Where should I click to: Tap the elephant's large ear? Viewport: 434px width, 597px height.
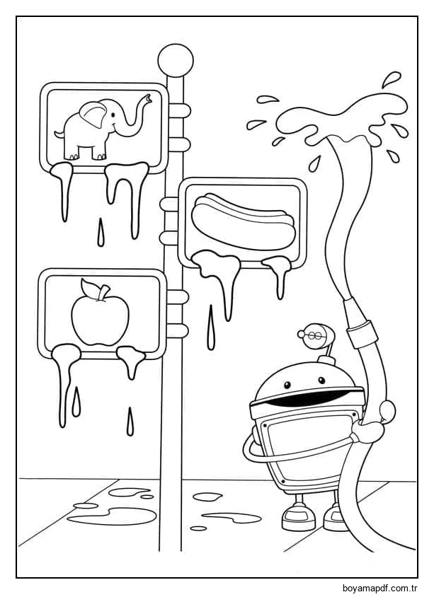click(93, 115)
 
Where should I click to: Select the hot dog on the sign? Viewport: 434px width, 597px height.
click(243, 221)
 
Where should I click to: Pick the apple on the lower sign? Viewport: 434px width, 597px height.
click(101, 315)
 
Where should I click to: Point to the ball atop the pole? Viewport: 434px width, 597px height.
click(176, 60)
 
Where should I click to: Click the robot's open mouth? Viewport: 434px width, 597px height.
click(309, 397)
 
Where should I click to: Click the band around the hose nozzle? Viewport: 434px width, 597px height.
click(362, 335)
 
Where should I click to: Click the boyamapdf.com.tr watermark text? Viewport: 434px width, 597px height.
click(381, 588)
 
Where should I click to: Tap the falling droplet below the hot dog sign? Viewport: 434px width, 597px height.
click(211, 327)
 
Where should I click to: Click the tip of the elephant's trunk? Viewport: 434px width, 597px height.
click(147, 98)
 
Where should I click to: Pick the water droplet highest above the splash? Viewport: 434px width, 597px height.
click(391, 79)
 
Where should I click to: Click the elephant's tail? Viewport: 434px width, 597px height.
click(59, 134)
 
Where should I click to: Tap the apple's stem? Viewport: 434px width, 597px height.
click(103, 292)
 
